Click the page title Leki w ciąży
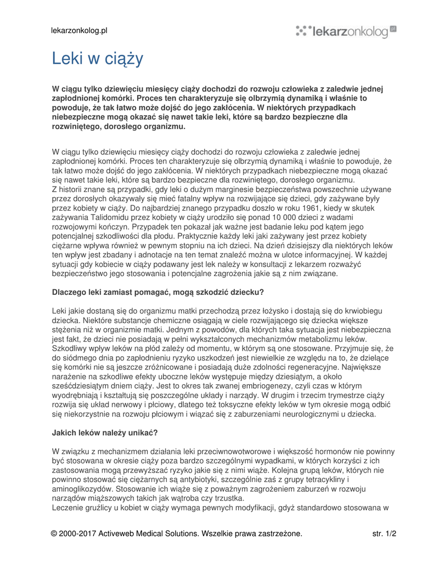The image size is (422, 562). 97,58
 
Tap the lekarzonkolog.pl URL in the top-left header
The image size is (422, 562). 80,31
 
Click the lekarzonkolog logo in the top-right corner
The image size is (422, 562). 346,31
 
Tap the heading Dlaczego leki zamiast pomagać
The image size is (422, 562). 157,292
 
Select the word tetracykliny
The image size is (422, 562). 324,479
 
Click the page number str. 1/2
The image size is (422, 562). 384,533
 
